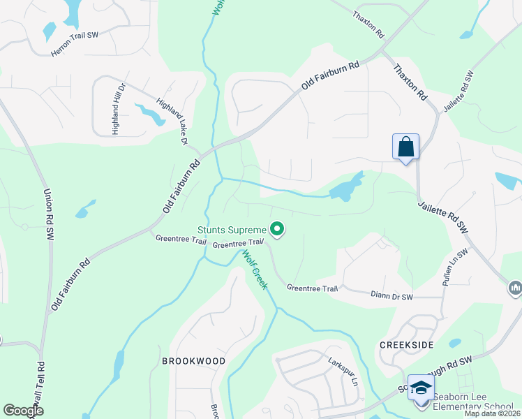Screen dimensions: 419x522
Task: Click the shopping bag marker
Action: [x=405, y=147]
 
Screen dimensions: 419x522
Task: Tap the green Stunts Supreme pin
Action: [x=277, y=228]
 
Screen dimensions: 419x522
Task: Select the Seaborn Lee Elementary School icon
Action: [x=420, y=388]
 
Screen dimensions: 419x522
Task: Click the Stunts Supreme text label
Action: [x=232, y=230]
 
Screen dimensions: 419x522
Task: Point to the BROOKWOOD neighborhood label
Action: [x=193, y=361]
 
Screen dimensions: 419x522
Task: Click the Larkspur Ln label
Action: [x=343, y=373]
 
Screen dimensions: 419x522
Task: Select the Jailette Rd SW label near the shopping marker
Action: [x=442, y=216]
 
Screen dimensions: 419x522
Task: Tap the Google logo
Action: [x=24, y=411]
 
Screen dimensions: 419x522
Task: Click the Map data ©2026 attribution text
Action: [x=492, y=413]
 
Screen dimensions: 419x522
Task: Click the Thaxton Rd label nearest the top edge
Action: [x=368, y=24]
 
